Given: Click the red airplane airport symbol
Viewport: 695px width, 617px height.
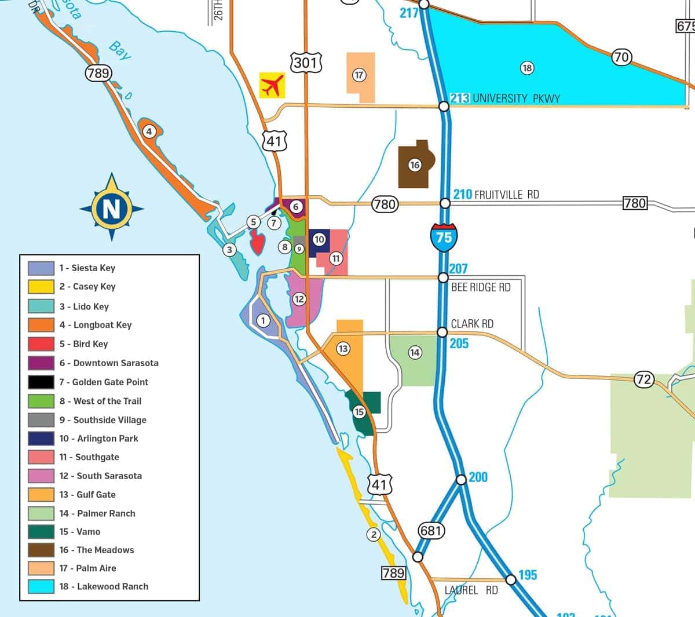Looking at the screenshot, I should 272,86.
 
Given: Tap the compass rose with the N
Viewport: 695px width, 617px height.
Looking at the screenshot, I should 111,207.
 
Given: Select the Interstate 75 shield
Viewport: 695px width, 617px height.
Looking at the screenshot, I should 444,236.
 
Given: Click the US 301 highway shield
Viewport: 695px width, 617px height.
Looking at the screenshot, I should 305,63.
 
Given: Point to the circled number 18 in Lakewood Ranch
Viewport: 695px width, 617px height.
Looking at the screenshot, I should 526,68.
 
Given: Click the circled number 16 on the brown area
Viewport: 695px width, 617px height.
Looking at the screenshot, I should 415,165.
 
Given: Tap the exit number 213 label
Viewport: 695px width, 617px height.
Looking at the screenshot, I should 460,98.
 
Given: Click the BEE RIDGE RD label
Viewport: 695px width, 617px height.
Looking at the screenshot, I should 481,287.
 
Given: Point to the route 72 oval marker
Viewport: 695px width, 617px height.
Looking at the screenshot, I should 643,380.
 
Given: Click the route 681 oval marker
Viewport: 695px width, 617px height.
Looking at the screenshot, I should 431,531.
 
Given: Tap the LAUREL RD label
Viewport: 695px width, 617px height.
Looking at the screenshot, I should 471,590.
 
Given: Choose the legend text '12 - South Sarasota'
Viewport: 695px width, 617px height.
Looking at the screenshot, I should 100,476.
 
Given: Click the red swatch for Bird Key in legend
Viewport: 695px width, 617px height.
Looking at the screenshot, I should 41,344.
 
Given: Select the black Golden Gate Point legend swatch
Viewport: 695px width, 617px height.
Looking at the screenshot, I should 41,382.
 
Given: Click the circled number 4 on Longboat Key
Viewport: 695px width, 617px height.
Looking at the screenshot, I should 149,132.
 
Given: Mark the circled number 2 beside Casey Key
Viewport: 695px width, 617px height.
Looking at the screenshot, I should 374,534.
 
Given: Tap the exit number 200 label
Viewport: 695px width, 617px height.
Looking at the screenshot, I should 478,477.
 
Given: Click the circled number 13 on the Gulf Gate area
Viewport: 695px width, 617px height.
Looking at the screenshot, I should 343,348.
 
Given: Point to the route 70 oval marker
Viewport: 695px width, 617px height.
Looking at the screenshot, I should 621,57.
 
